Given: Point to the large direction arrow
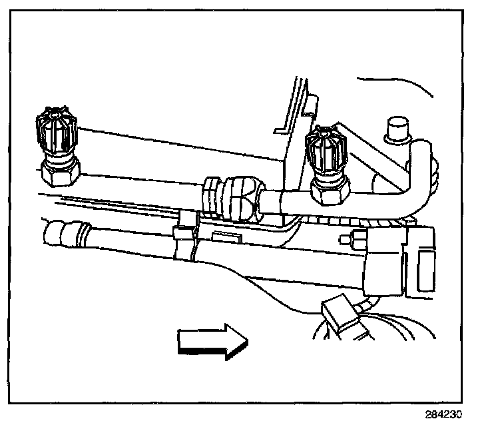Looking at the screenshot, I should click(x=212, y=341).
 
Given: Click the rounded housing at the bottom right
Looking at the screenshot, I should click(x=373, y=333).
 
